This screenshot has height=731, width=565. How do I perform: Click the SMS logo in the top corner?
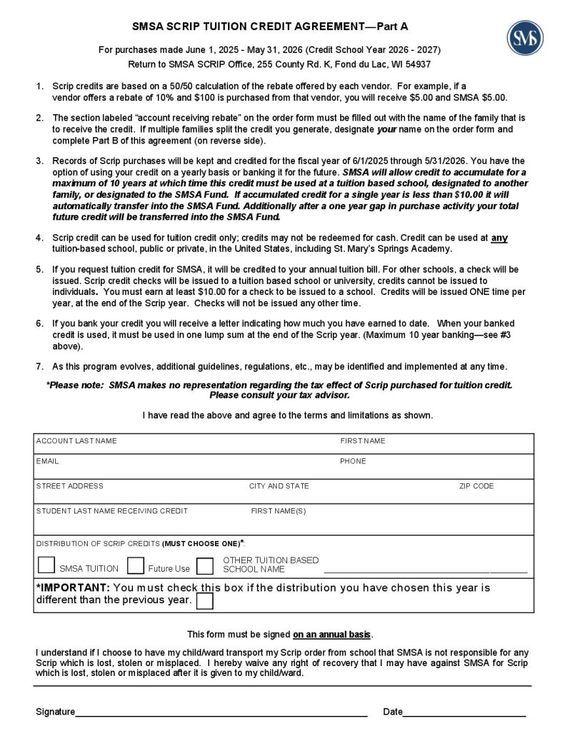[524, 36]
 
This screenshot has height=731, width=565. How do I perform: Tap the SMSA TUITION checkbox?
[46, 565]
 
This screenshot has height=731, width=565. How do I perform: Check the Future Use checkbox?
[136, 566]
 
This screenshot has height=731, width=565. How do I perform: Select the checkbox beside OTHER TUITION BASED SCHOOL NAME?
[205, 566]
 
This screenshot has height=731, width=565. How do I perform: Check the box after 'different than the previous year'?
[204, 601]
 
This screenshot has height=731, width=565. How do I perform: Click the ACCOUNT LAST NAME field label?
[76, 441]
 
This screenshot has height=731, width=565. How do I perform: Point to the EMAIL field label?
[48, 461]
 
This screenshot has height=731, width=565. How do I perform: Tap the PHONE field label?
[353, 461]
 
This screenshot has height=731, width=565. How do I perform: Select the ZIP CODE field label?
[476, 486]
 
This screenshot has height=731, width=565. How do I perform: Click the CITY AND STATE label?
[279, 486]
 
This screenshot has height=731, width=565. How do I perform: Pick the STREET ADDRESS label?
[70, 486]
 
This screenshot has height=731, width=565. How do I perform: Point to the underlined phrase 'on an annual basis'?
[332, 634]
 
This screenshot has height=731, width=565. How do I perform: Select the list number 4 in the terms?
[39, 238]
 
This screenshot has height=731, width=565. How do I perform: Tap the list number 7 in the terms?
[39, 366]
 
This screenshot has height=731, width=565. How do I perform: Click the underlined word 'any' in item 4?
[499, 238]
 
